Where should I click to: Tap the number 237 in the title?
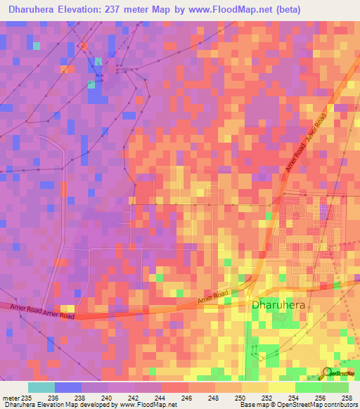tap(131, 11)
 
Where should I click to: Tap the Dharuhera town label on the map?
tap(279, 305)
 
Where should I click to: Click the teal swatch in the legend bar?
tap(41, 387)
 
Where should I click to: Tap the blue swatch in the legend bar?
tap(68, 387)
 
